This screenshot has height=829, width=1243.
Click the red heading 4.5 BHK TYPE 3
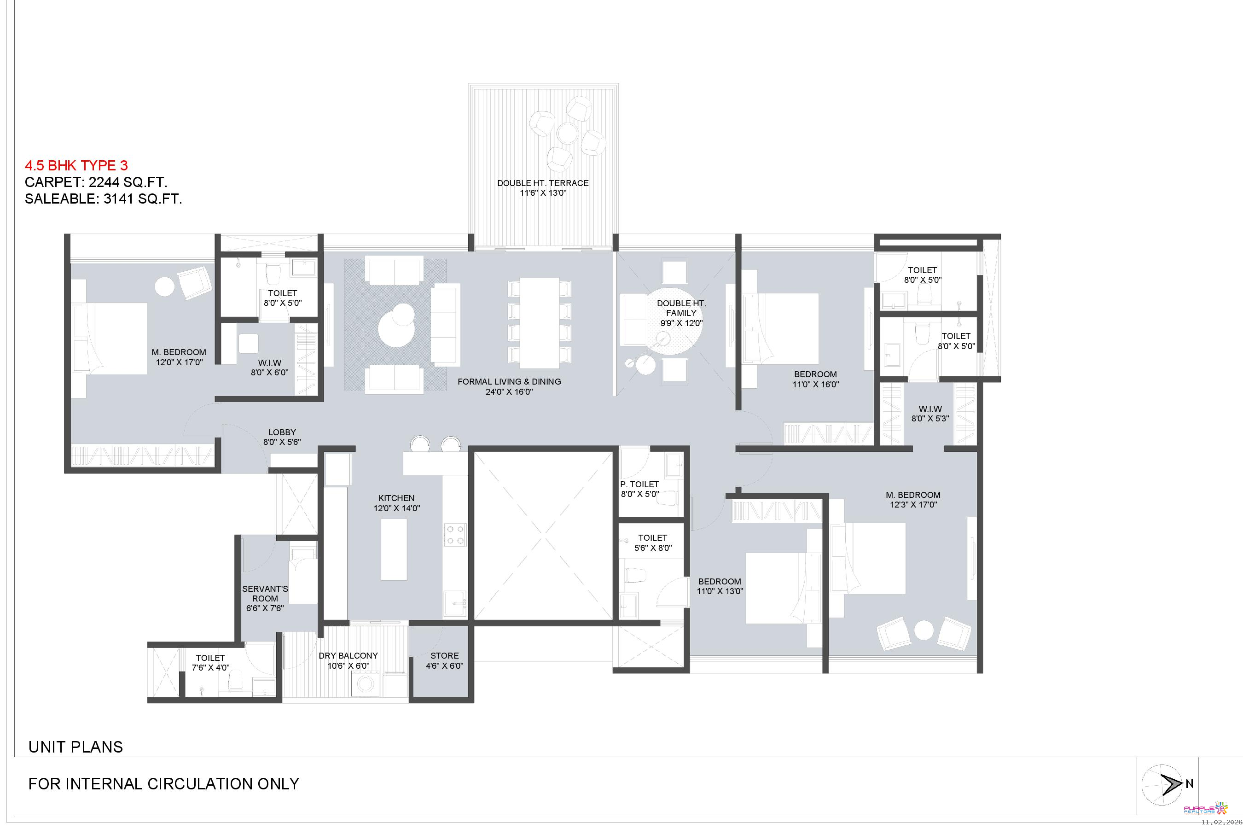pos(76,165)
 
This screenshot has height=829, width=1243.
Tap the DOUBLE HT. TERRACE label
pos(543,183)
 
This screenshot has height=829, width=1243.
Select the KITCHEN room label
pos(396,498)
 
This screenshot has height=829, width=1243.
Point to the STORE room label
pos(444,655)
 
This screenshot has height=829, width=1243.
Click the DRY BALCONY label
pos(349,655)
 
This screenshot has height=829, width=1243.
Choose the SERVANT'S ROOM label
pos(265,594)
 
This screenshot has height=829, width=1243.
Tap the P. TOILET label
pos(639,485)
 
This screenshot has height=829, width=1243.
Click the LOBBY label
pos(282,432)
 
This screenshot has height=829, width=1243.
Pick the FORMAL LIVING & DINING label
pos(509,382)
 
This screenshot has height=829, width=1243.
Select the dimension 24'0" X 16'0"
pos(509,392)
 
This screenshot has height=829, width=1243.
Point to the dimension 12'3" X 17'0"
pos(913,505)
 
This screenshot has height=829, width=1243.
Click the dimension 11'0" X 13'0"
pos(720,591)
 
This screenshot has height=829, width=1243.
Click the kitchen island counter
pos(394,549)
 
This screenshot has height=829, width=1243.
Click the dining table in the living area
pos(539,322)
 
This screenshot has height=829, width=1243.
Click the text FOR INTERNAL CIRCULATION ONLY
pos(164,783)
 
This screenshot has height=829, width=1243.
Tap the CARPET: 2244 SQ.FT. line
pos(96,182)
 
